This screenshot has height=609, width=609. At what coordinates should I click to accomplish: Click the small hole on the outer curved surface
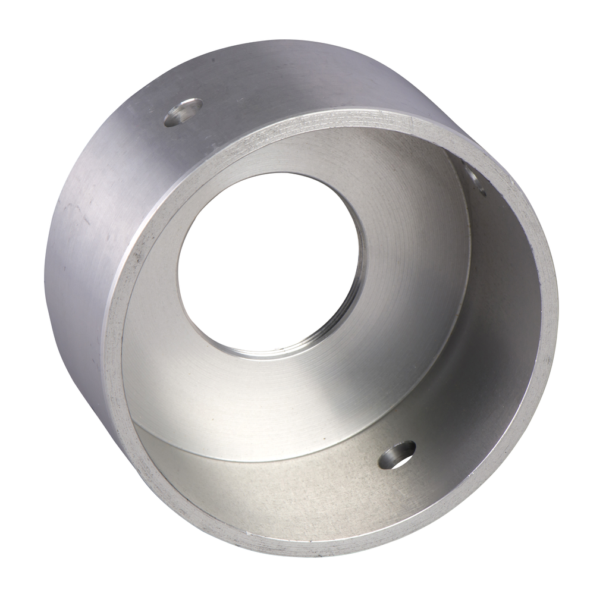[183, 112]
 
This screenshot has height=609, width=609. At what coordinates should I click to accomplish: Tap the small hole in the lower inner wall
[397, 455]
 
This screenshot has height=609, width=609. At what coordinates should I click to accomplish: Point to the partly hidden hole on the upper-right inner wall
[476, 181]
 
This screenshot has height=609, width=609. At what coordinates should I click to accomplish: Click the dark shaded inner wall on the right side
[506, 297]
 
